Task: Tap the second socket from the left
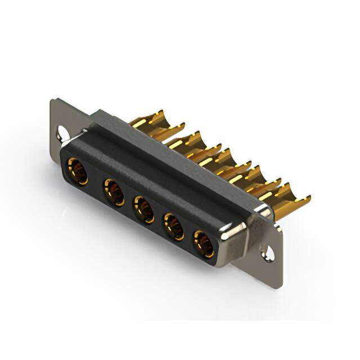click(x=114, y=191)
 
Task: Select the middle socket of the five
click(x=143, y=208)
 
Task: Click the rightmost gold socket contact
click(x=203, y=242)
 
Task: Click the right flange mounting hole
click(x=269, y=251)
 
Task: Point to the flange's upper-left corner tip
click(x=52, y=101)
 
